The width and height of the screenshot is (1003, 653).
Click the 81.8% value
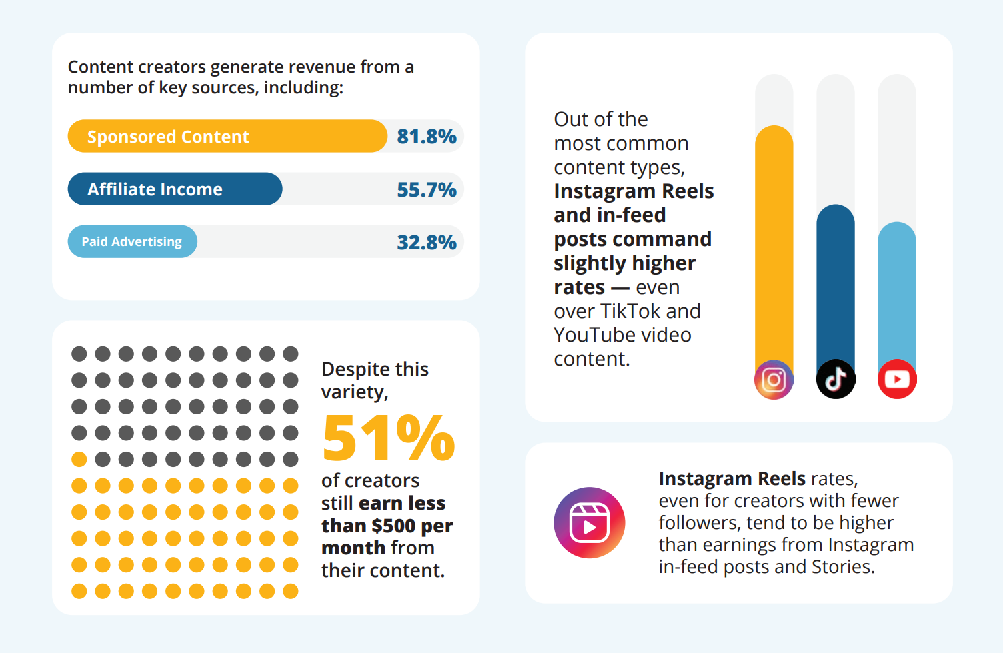click(427, 137)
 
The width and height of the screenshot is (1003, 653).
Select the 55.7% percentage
click(427, 190)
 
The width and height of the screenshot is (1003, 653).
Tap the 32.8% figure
click(427, 242)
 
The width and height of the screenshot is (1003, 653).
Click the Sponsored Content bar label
click(168, 137)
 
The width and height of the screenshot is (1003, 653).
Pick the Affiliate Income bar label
click(155, 189)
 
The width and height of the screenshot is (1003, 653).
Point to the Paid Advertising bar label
click(131, 241)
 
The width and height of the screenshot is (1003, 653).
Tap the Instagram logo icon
click(774, 380)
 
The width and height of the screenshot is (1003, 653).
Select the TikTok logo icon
click(836, 380)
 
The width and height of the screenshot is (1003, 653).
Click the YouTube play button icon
click(897, 380)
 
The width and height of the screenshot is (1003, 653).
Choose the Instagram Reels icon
click(590, 523)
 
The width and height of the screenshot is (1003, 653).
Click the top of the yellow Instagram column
click(774, 131)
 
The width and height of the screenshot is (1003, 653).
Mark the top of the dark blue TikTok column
click(836, 209)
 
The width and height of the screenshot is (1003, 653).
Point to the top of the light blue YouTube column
click(897, 227)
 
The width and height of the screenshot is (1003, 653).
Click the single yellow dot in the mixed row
click(79, 459)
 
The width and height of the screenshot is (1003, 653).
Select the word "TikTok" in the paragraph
click(630, 311)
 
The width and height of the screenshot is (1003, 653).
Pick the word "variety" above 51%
click(353, 392)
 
